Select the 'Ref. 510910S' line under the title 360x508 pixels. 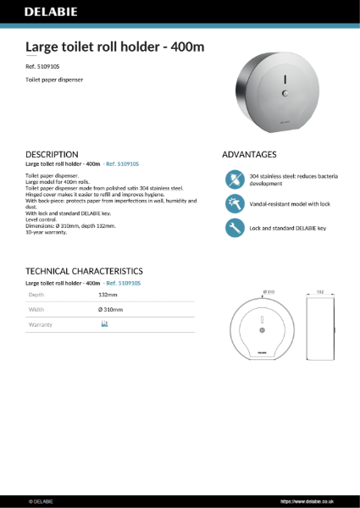tap(43, 65)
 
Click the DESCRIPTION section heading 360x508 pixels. tap(53, 154)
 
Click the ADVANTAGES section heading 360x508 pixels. tap(249, 154)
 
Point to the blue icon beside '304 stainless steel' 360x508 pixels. tap(235, 179)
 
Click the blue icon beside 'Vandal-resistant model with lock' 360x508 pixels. tap(235, 203)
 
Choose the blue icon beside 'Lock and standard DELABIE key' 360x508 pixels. tap(235, 228)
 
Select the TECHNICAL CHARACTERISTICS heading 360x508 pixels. tap(84, 270)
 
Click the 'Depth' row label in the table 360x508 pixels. tap(36, 295)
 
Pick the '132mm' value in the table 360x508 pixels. tap(108, 295)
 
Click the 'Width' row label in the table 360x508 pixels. tap(36, 310)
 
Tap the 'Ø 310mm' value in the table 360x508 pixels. tap(111, 310)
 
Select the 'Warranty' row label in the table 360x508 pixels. tap(41, 324)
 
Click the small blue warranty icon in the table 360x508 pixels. tap(104, 324)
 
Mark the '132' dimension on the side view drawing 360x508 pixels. tap(319, 292)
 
